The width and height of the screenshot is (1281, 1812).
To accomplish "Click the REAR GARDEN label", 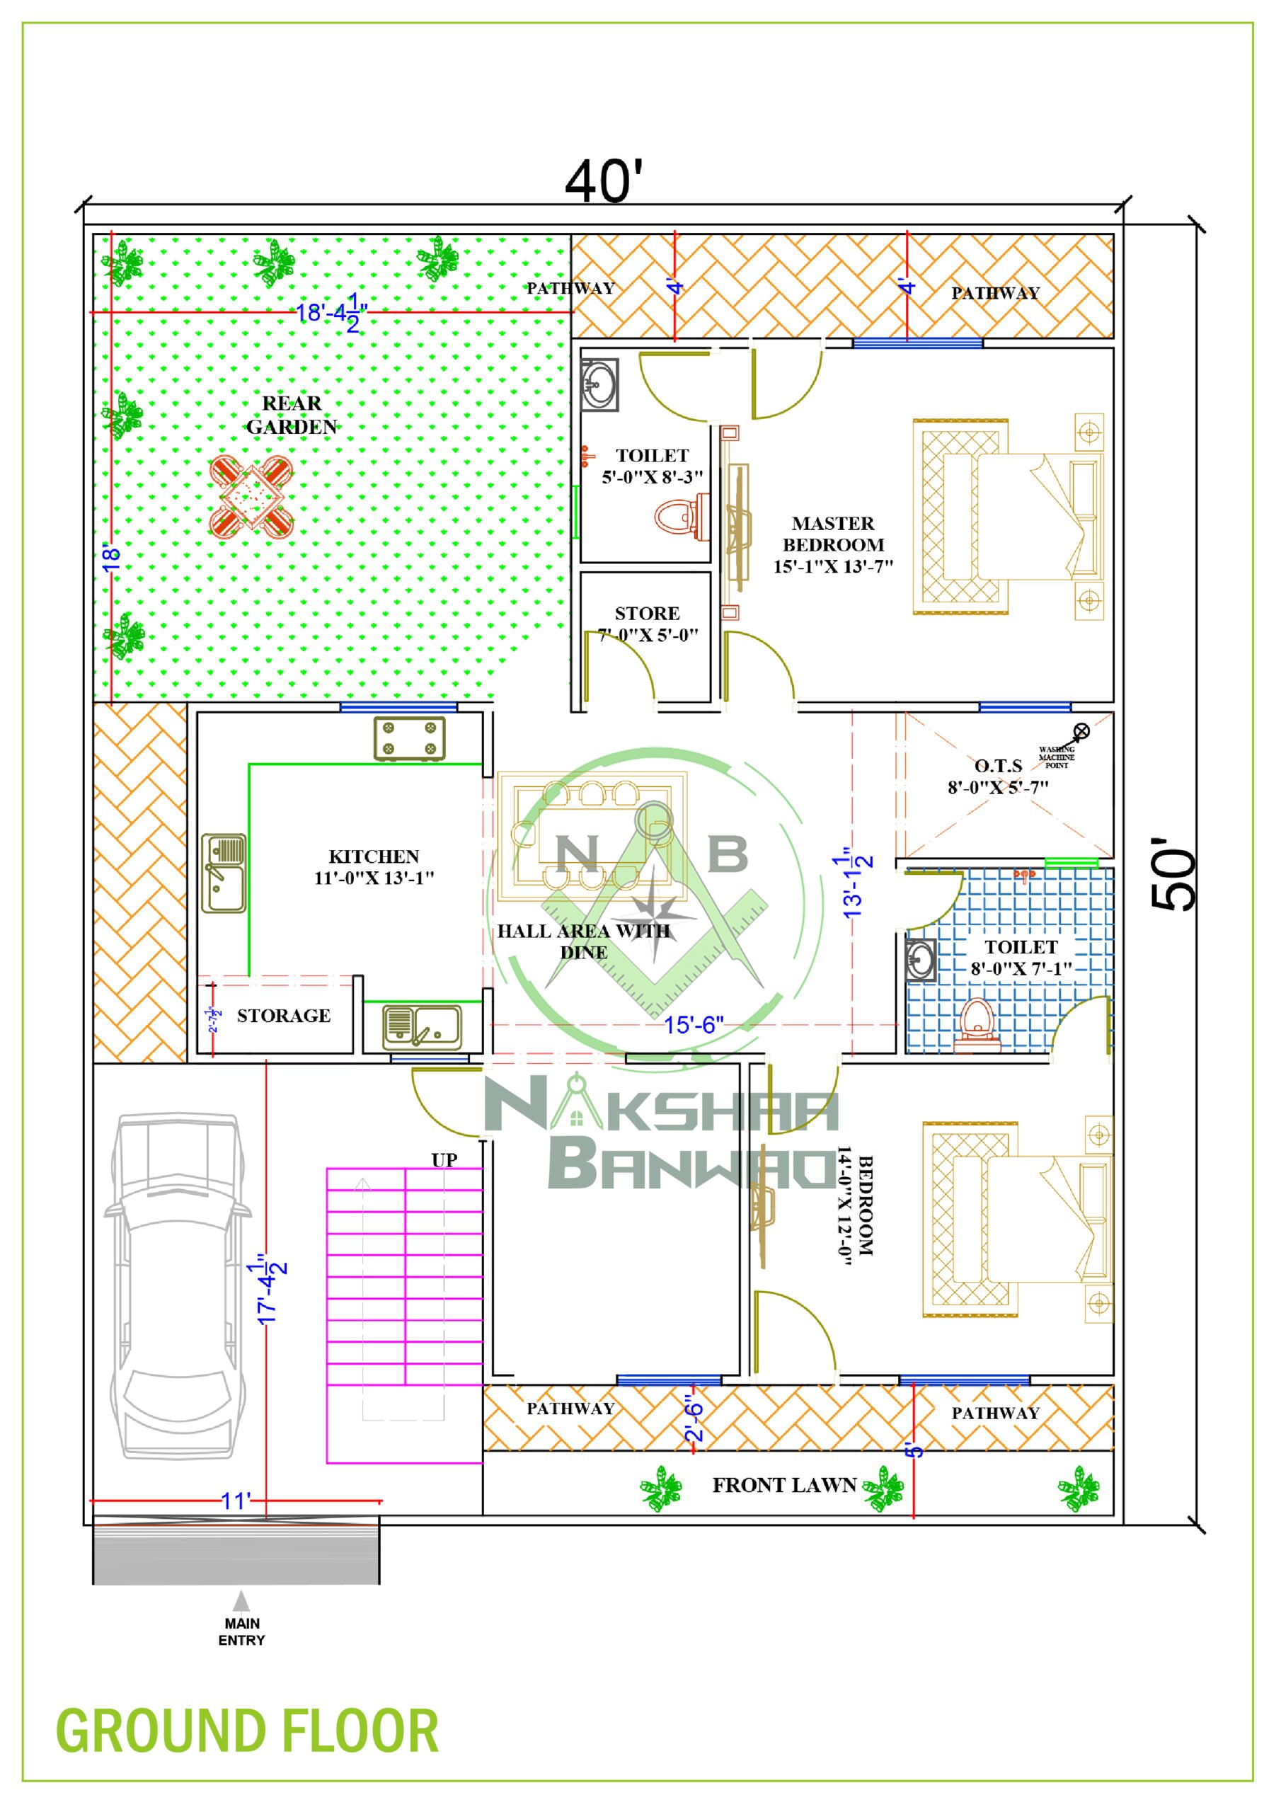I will pyautogui.click(x=292, y=415).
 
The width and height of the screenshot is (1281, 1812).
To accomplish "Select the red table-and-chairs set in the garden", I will pyautogui.click(x=252, y=496).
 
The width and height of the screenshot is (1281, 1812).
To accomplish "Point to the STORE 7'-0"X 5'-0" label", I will pyautogui.click(x=647, y=624).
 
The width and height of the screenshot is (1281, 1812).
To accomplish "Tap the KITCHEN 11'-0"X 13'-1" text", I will pyautogui.click(x=374, y=867).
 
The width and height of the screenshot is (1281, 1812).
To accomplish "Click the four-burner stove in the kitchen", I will pyautogui.click(x=409, y=739).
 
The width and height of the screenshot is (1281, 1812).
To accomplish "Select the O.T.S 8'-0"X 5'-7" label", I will pyautogui.click(x=998, y=776).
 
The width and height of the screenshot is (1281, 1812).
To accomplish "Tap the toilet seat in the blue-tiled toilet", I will pyautogui.click(x=977, y=1023).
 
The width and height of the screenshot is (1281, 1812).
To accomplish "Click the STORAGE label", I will pyautogui.click(x=283, y=1016).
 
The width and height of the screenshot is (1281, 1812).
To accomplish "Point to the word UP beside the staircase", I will pyautogui.click(x=444, y=1159).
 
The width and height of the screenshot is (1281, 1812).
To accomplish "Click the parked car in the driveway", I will pyautogui.click(x=178, y=1286).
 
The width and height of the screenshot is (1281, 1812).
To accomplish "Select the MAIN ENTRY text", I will pyautogui.click(x=241, y=1632).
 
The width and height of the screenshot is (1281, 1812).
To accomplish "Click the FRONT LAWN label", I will pyautogui.click(x=783, y=1485).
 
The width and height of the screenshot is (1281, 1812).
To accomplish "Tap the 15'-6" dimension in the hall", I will pyautogui.click(x=693, y=1025).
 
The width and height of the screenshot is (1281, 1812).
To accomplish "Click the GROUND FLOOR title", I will pyautogui.click(x=247, y=1731).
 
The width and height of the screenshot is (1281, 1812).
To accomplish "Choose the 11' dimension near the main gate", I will pyautogui.click(x=236, y=1501).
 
